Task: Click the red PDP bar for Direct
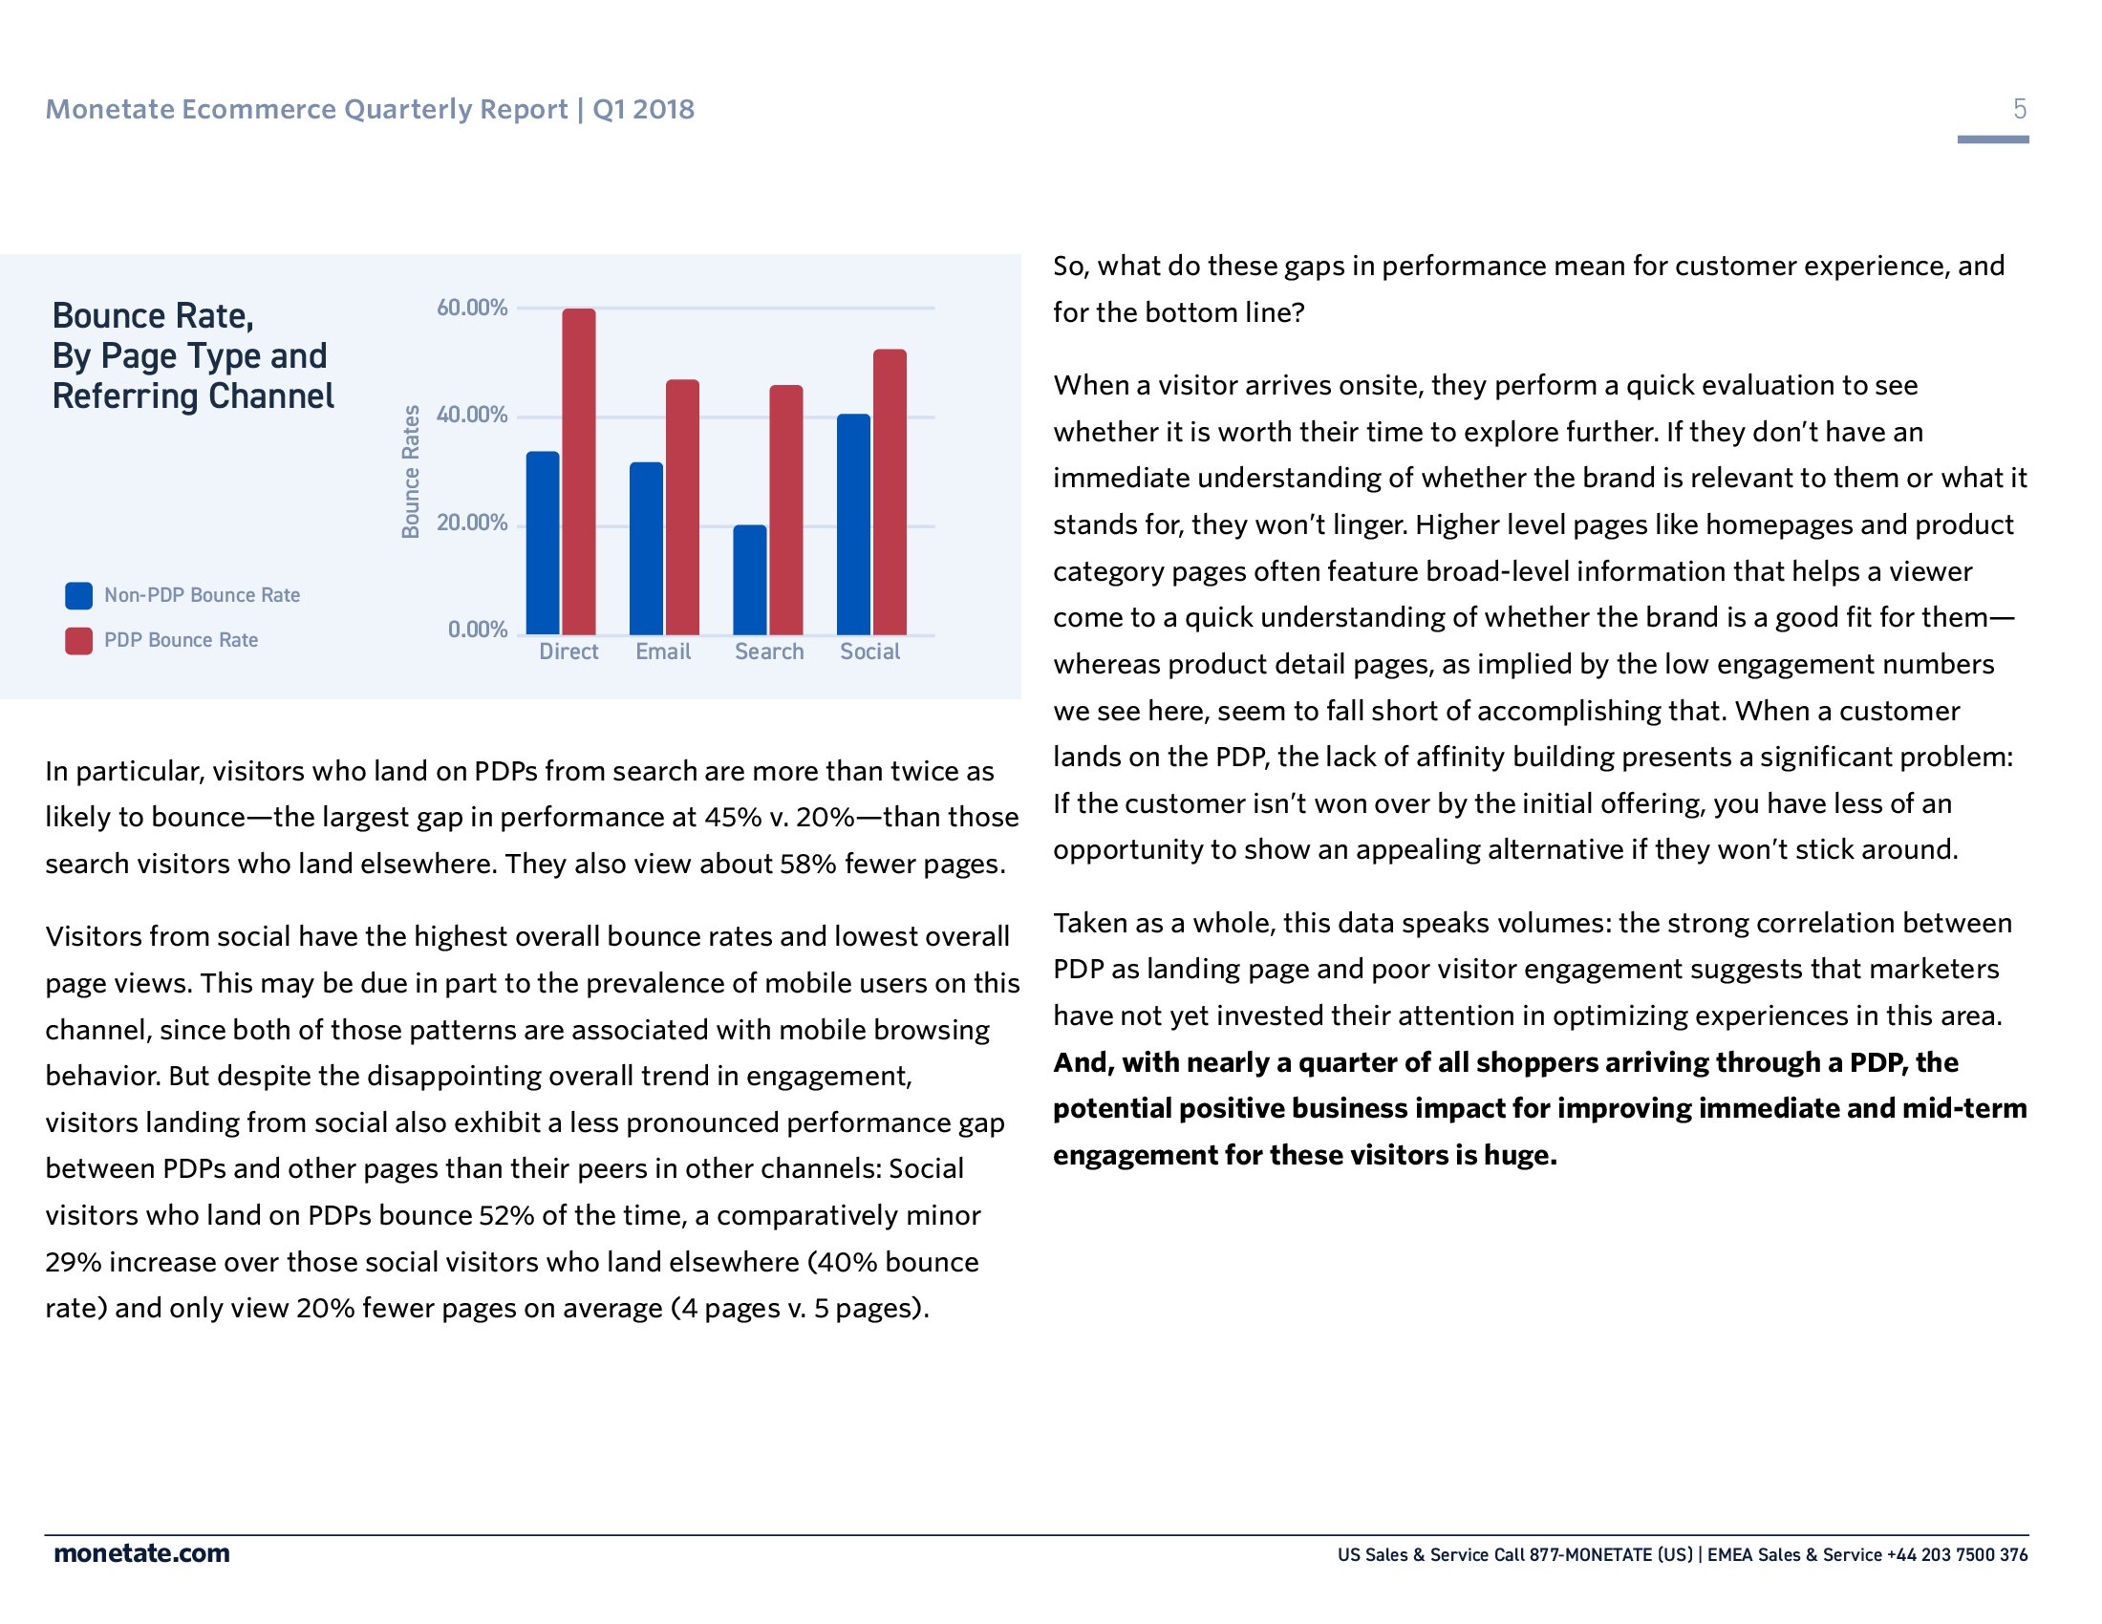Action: (x=578, y=471)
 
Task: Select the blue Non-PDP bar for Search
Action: (x=750, y=580)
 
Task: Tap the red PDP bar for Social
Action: (x=890, y=492)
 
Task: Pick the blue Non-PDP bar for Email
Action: (x=646, y=548)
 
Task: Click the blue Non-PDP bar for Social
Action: (x=852, y=524)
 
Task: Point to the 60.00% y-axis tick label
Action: (x=472, y=308)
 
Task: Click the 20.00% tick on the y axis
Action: (x=472, y=523)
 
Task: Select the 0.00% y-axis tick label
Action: (x=478, y=630)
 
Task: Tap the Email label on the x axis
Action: (x=663, y=652)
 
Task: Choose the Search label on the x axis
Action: (x=769, y=652)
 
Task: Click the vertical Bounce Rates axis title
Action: (x=411, y=471)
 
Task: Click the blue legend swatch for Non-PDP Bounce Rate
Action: (x=79, y=595)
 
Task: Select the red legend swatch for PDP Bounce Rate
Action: (x=79, y=641)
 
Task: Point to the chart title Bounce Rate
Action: (x=153, y=315)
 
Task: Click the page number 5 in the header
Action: (x=2019, y=109)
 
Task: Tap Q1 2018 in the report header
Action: (x=643, y=109)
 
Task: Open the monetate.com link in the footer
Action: (x=141, y=1552)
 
